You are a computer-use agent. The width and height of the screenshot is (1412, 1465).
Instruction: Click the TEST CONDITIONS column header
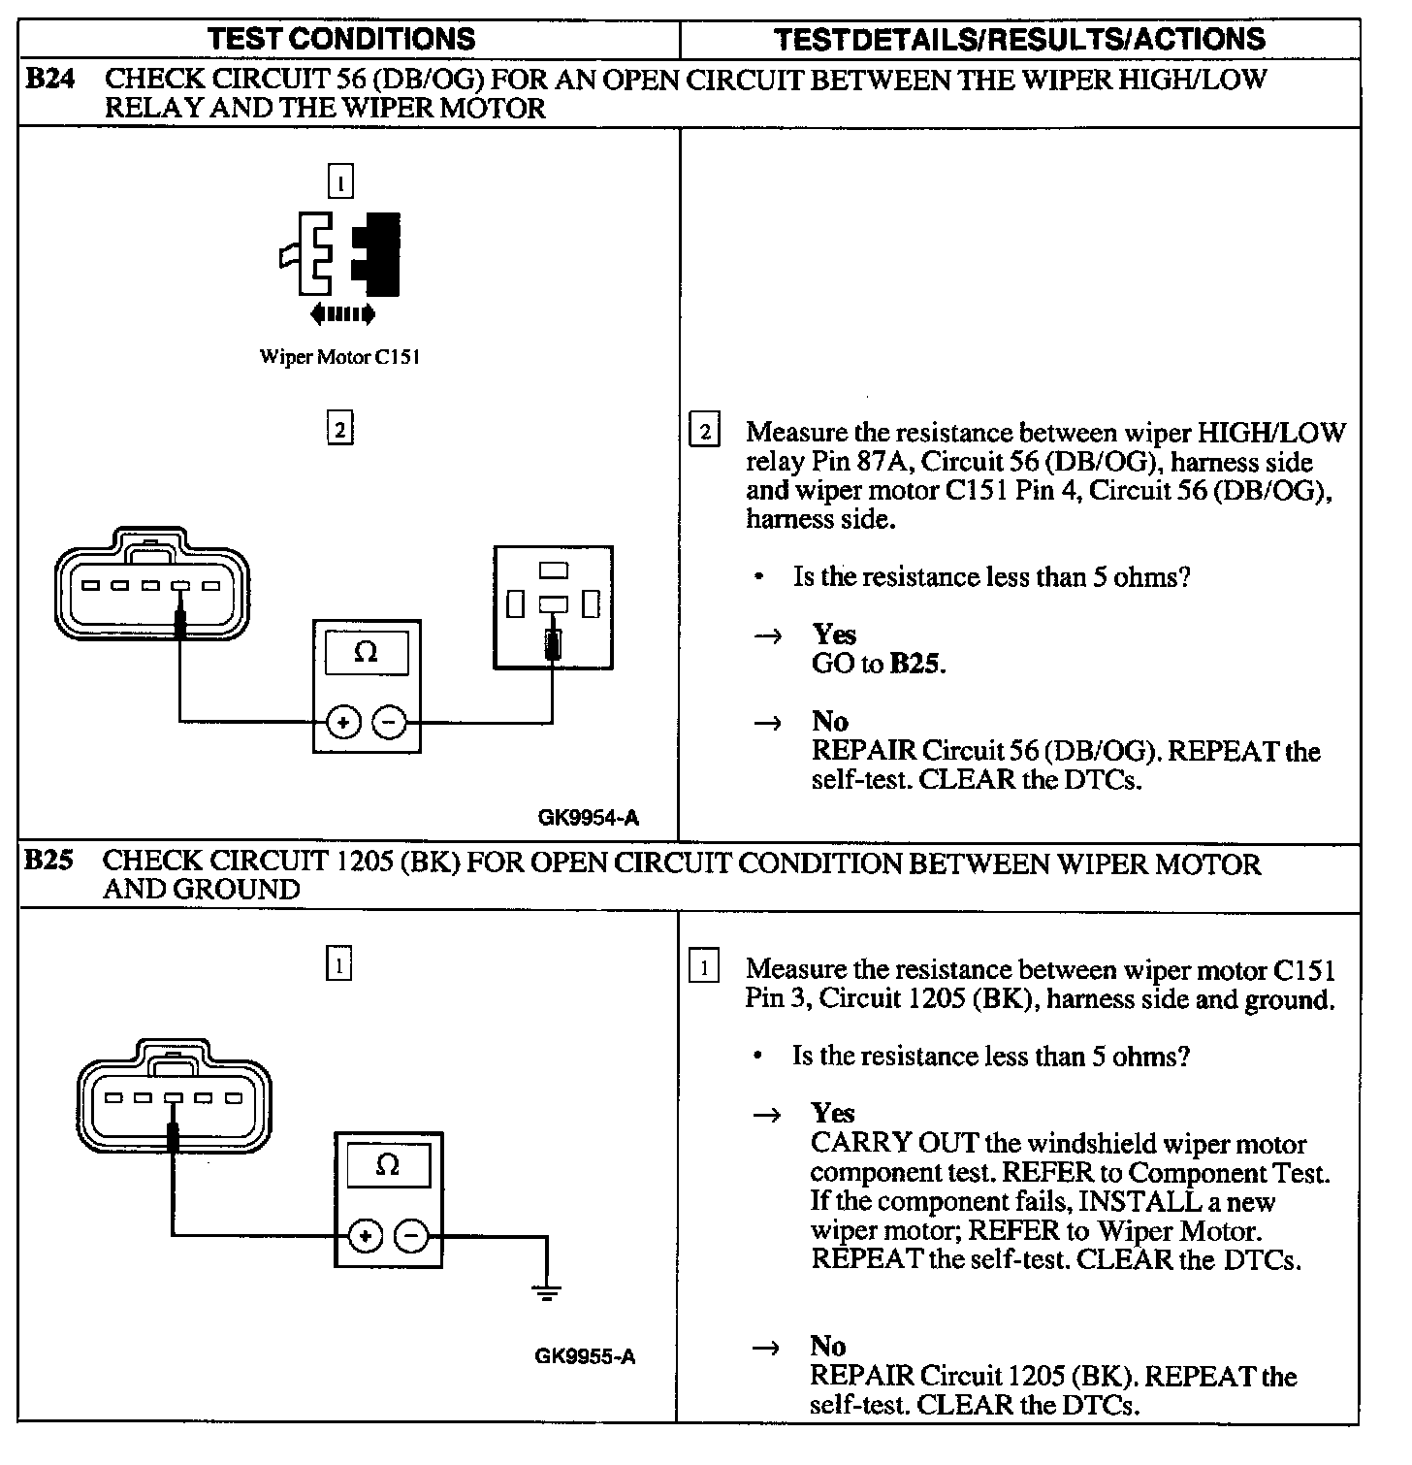coord(341,39)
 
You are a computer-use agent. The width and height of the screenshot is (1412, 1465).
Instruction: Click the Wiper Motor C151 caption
coord(339,357)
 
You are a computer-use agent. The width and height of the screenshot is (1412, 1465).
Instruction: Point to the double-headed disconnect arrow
coord(342,313)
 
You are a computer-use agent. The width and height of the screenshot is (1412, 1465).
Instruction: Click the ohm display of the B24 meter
coord(366,653)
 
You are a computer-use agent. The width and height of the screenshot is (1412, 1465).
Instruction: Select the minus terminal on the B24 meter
coord(390,722)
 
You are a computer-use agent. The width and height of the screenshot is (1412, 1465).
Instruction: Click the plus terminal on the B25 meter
coord(366,1236)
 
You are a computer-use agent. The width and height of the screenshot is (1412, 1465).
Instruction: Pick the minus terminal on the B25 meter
coord(412,1236)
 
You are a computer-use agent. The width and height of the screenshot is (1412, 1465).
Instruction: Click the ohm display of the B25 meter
coord(388,1165)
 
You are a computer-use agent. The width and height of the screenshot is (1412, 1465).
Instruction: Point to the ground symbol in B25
coord(547,1291)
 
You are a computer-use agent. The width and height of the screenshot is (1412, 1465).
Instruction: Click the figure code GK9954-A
coord(588,817)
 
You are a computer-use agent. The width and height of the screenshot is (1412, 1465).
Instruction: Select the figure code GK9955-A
coord(585,1355)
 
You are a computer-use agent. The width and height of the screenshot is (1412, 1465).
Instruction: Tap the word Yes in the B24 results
coord(834,635)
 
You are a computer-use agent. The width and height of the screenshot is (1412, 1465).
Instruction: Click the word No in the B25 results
coord(828,1346)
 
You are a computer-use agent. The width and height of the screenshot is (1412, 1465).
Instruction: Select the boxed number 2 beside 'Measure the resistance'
coord(703,431)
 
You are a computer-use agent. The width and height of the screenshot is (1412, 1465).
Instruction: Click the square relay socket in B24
coord(553,607)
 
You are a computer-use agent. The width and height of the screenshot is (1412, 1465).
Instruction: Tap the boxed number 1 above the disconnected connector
coord(340,181)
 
